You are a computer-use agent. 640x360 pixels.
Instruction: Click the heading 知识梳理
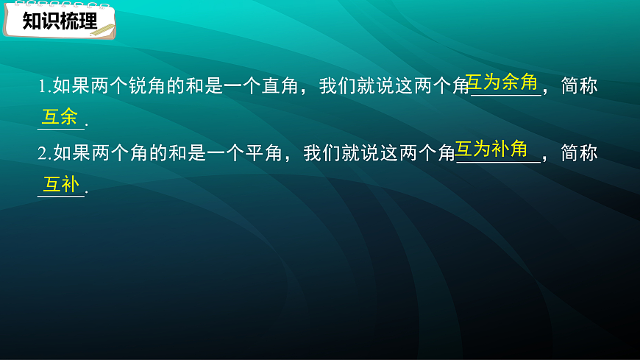pos(59,21)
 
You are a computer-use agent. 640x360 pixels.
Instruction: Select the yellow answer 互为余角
pos(503,82)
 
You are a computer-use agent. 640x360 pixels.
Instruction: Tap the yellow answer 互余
pos(60,116)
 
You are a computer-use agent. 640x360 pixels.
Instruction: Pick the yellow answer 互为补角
pos(491,149)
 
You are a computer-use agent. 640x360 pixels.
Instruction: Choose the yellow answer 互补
pos(60,184)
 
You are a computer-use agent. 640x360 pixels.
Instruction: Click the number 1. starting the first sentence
pos(43,87)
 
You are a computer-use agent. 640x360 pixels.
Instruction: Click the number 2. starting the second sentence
pos(43,154)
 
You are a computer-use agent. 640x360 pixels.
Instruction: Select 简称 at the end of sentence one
pos(579,87)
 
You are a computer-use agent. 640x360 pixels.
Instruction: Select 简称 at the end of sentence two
pos(579,154)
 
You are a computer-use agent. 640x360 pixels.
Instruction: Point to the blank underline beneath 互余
pos(61,128)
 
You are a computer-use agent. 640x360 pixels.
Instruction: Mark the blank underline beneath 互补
pos(61,196)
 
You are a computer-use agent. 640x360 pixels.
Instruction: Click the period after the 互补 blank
pos(87,194)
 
